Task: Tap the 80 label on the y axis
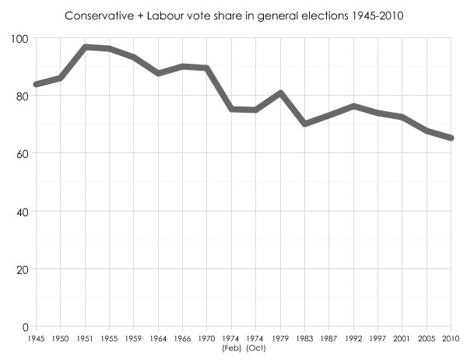[22, 96]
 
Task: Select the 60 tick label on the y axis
[22, 153]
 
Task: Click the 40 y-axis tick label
[22, 211]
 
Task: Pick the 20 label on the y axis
[22, 269]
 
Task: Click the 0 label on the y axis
[25, 327]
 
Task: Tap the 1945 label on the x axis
[36, 339]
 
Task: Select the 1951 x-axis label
[85, 339]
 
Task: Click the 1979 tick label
[280, 339]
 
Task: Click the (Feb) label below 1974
[231, 348]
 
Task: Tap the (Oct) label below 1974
[256, 348]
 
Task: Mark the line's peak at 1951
[85, 47]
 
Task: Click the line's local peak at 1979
[280, 93]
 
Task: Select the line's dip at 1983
[304, 124]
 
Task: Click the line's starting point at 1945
[36, 84]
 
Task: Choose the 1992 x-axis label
[353, 339]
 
